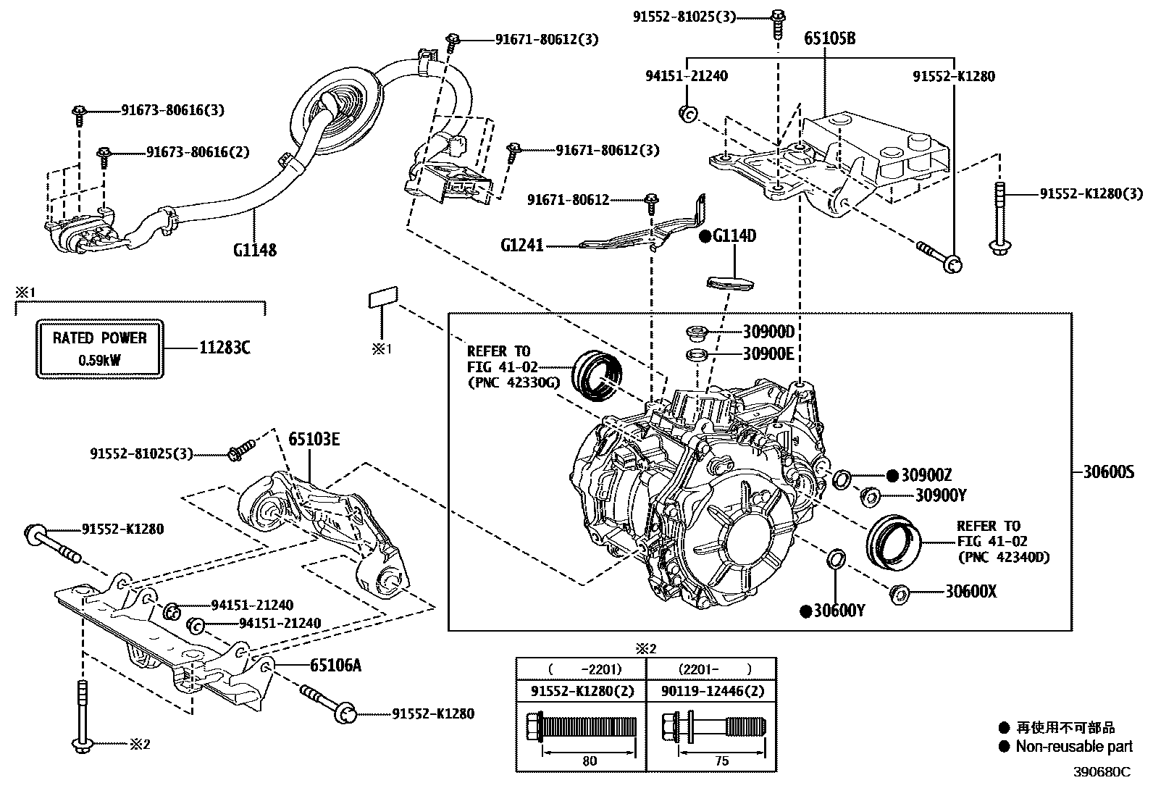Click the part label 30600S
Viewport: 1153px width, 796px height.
click(1108, 473)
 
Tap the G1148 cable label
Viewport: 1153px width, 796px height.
click(255, 250)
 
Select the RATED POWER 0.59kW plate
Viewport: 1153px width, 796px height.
click(99, 348)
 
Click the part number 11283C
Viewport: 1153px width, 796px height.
click(225, 348)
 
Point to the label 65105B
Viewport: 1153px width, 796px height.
click(829, 38)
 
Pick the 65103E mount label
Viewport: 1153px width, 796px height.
click(314, 439)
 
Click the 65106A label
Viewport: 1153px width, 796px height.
click(335, 665)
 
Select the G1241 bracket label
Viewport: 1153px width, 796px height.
click(521, 246)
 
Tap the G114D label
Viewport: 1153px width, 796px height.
click(734, 236)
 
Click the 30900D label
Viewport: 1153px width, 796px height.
click(768, 332)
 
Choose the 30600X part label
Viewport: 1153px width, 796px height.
click(970, 592)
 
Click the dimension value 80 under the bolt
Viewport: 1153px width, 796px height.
click(590, 761)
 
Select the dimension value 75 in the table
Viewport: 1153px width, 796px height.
click(721, 761)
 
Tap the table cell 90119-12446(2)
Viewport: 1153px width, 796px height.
click(711, 691)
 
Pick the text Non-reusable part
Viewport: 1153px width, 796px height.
click(1073, 747)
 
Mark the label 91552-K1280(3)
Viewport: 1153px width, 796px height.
click(1091, 193)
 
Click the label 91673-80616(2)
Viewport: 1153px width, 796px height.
click(198, 152)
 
